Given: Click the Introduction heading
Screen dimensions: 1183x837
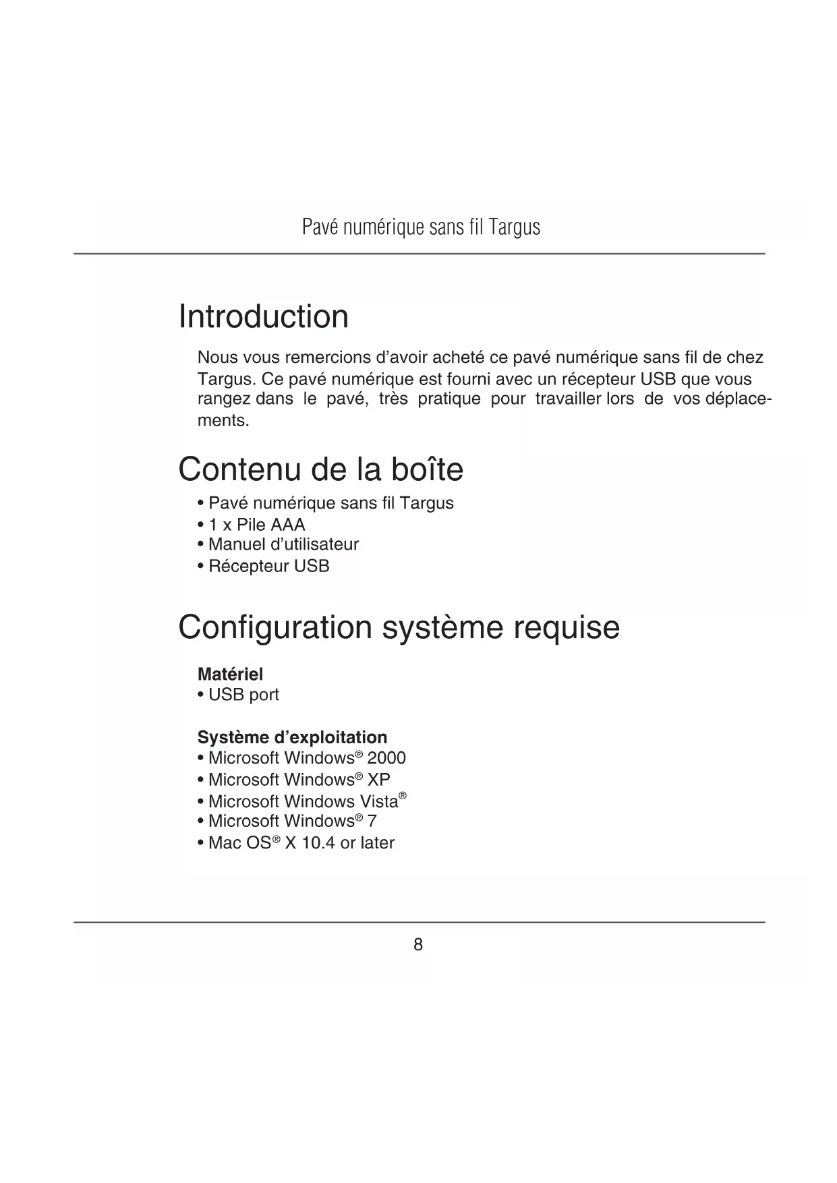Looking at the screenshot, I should (263, 317).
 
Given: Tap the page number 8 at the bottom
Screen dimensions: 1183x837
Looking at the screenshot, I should (418, 945).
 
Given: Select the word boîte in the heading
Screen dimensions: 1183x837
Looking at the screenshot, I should (426, 469).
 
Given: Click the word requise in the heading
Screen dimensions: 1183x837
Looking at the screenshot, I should (566, 627).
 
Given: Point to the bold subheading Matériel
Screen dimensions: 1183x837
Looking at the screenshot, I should (230, 674).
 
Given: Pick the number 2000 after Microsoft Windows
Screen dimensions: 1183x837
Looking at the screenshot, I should (386, 758).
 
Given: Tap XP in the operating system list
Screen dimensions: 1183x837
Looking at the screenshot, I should (378, 780).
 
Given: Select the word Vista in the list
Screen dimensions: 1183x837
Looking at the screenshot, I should (376, 802).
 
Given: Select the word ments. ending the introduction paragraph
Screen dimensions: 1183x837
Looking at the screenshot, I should (223, 421).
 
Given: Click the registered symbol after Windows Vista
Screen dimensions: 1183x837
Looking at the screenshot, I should (403, 797).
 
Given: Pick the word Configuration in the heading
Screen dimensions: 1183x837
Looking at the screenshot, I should (275, 627).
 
